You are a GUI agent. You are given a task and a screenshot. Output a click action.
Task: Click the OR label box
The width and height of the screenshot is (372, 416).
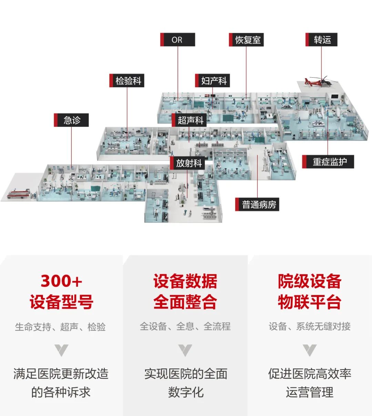177,40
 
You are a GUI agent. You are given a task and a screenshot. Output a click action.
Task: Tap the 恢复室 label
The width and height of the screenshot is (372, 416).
246,40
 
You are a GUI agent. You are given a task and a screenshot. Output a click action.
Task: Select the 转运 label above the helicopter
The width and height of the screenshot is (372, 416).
321,40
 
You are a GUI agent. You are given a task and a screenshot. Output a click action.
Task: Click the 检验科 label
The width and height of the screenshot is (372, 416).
127,81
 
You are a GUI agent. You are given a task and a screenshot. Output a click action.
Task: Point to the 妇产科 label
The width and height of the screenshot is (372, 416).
213,81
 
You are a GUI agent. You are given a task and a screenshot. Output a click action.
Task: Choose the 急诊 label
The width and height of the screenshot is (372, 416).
71,120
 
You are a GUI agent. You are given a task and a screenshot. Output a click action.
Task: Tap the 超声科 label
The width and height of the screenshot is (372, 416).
189,120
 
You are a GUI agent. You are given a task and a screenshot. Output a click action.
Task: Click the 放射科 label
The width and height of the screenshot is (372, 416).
188,163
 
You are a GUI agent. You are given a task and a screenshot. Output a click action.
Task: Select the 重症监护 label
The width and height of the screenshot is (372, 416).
328,162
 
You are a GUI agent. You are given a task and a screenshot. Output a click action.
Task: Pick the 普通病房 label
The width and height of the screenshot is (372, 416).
257,205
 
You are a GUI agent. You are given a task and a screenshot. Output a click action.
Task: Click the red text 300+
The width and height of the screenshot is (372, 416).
61,281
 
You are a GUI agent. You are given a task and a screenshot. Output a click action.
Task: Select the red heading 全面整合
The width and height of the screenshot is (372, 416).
185,302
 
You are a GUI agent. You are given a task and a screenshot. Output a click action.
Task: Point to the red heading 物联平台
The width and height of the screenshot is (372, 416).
309,302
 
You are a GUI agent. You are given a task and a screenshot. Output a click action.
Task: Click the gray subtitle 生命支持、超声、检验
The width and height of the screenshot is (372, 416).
60,327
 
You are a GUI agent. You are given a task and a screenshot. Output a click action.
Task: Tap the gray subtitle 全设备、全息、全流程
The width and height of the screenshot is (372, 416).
185,326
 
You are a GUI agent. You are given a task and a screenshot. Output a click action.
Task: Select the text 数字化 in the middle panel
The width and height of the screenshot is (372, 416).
186,392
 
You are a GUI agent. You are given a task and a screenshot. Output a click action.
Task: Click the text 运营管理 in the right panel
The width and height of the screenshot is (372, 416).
309,392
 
